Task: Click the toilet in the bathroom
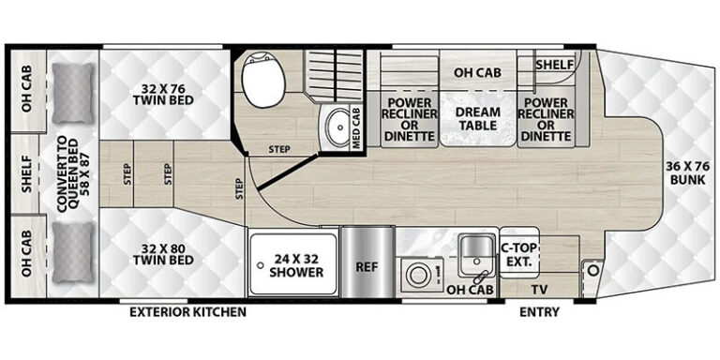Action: [x=264, y=79]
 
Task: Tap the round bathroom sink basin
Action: [x=339, y=127]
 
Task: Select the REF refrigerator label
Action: [x=367, y=266]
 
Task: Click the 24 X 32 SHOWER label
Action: [x=296, y=265]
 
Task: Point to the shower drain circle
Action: [x=261, y=265]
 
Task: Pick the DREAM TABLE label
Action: [x=477, y=118]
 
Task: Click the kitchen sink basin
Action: [x=476, y=250]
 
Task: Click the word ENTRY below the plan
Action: [x=540, y=312]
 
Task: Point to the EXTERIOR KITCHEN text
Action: [x=187, y=312]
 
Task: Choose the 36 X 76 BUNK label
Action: [x=687, y=172]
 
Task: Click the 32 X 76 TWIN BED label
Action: [x=163, y=93]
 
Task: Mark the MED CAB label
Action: [x=356, y=127]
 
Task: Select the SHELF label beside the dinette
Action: [x=555, y=65]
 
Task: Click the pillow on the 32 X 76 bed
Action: [x=73, y=93]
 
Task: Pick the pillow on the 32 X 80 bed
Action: [x=73, y=252]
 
